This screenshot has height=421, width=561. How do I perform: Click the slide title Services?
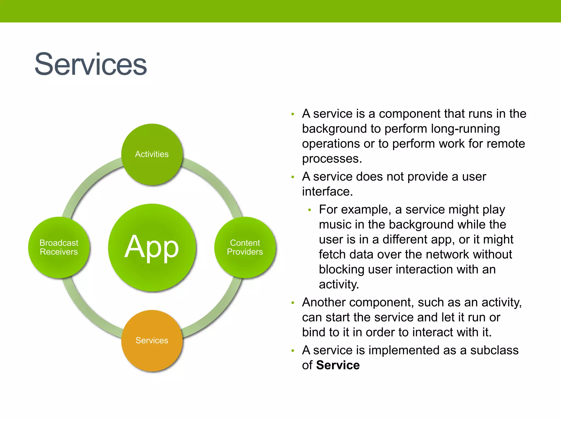pos(90,64)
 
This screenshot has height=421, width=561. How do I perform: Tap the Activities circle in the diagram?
pos(152,154)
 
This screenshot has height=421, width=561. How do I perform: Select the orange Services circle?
pos(152,340)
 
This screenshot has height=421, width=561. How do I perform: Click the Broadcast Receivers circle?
pos(59,247)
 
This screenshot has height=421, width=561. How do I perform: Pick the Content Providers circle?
pos(245,247)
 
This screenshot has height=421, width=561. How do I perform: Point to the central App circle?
pos(152,247)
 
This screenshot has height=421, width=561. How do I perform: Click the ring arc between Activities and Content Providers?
pos(216,184)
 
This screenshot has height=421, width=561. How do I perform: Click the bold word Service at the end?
pos(337,365)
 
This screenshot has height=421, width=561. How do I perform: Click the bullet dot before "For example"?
pos(310,210)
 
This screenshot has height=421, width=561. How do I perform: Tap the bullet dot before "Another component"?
pos(293,303)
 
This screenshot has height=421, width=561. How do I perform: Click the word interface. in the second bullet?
pos(327,192)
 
